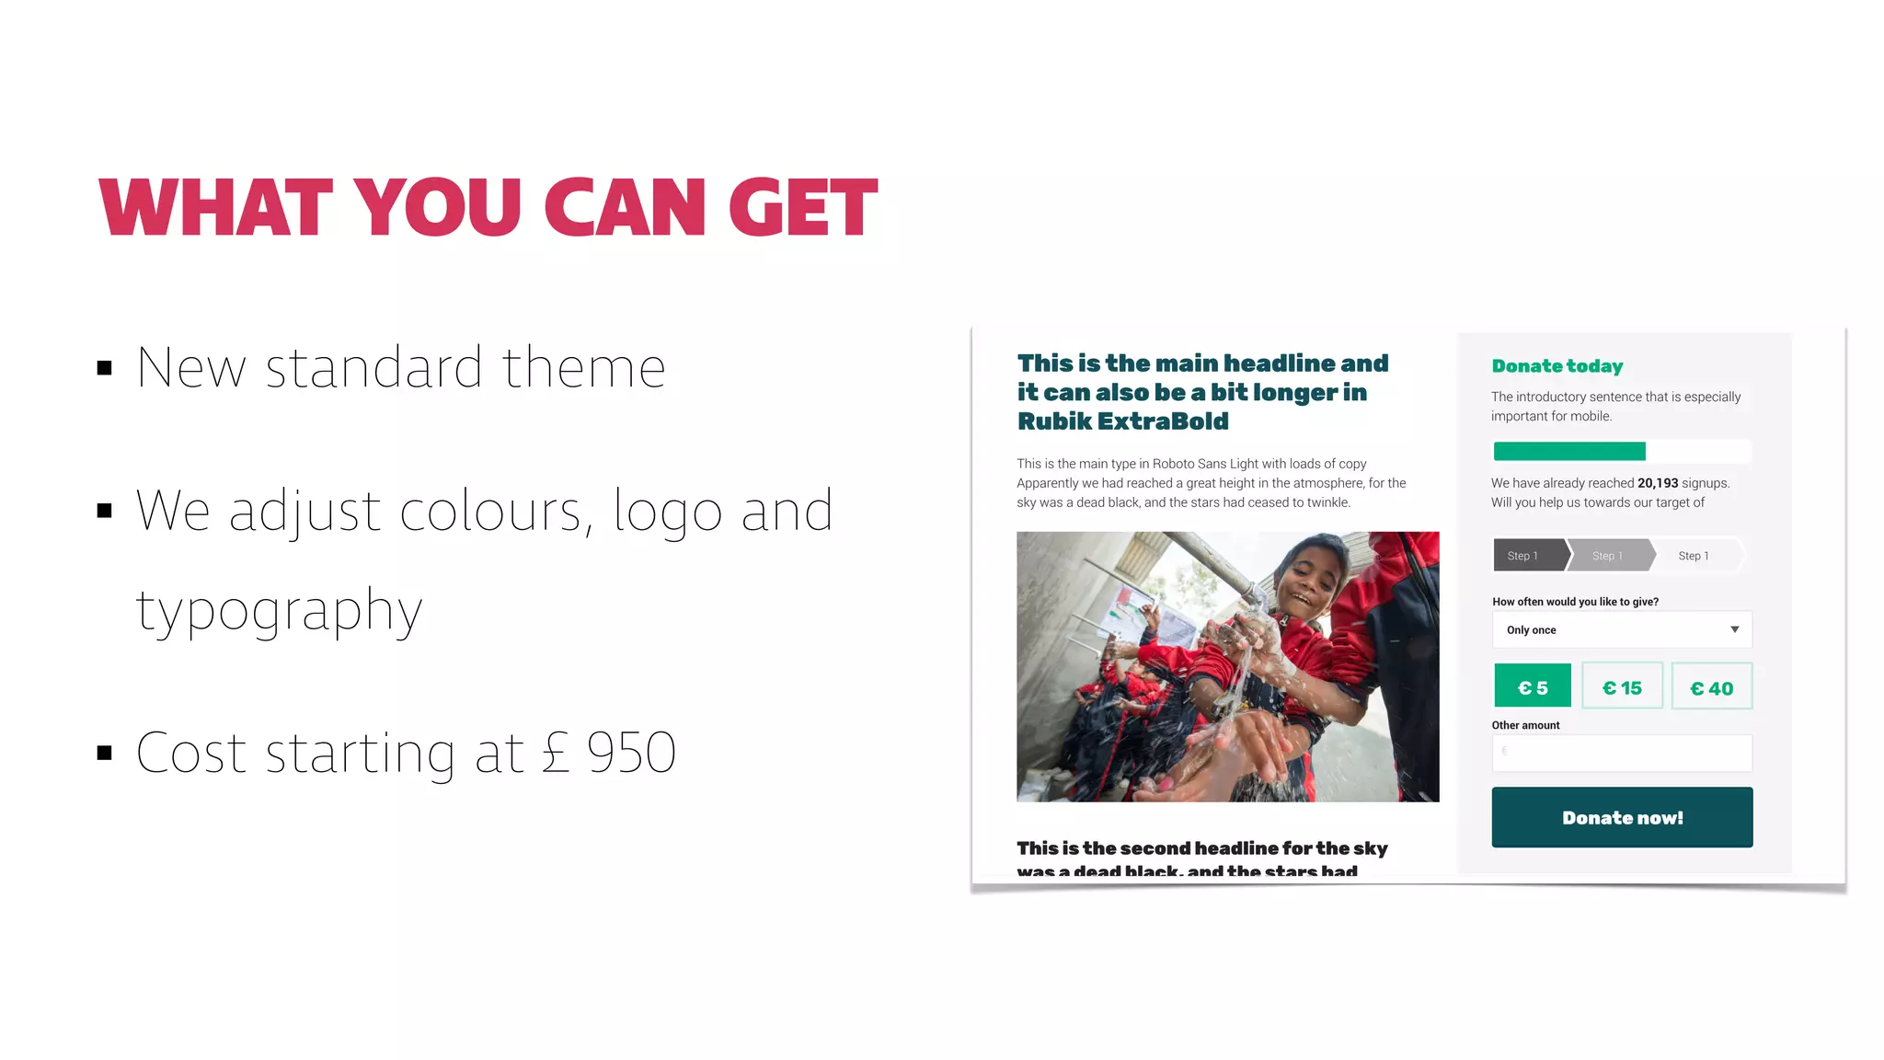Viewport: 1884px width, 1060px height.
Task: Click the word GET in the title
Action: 802,207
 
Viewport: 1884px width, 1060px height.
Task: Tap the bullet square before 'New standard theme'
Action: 105,369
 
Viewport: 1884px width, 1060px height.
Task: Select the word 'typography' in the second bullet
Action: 279,610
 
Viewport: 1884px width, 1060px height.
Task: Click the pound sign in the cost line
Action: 556,753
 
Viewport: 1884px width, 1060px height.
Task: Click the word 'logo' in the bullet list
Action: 667,512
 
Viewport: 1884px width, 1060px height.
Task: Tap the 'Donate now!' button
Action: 1622,817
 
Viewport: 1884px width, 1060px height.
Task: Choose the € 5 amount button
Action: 1532,686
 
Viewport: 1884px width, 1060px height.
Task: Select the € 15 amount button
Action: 1622,686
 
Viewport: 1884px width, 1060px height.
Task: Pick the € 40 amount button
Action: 1711,686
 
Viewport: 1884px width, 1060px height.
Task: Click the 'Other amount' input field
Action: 1622,753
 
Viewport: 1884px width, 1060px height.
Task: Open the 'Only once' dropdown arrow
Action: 1734,630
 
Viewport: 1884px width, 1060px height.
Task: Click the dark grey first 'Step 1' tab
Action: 1526,556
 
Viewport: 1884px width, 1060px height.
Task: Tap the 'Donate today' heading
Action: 1557,366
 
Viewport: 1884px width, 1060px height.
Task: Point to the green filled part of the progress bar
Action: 1568,451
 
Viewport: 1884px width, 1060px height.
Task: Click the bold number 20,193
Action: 1657,483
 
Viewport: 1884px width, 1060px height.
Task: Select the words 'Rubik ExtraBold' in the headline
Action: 1122,421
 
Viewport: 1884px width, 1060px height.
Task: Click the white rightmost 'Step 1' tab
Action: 1695,556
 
